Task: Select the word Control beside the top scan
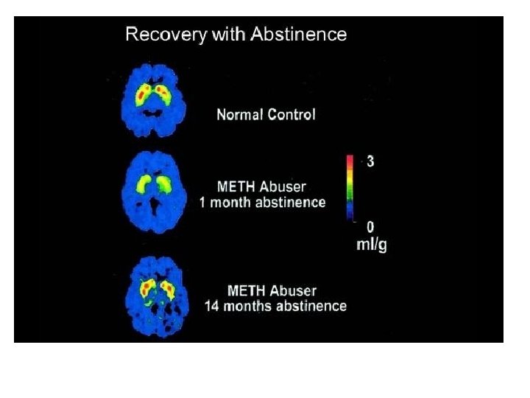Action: pos(291,115)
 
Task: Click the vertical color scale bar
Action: pos(352,187)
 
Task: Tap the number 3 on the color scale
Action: pos(370,161)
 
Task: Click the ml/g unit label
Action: pos(371,245)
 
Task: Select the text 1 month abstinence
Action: pos(262,203)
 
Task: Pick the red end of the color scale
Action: pos(352,159)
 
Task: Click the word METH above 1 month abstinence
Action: pos(236,187)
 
